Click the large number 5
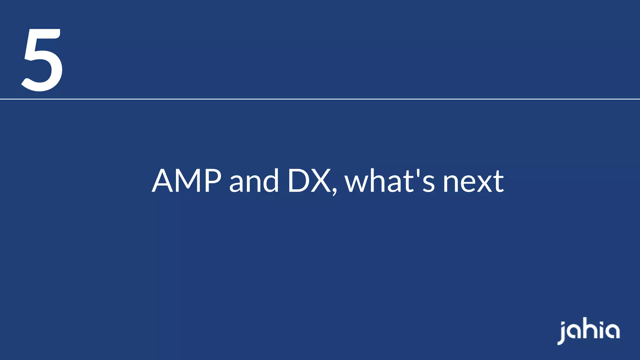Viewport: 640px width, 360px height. (x=42, y=60)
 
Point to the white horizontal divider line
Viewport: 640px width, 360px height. (x=320, y=99)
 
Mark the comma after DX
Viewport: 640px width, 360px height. (x=335, y=190)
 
